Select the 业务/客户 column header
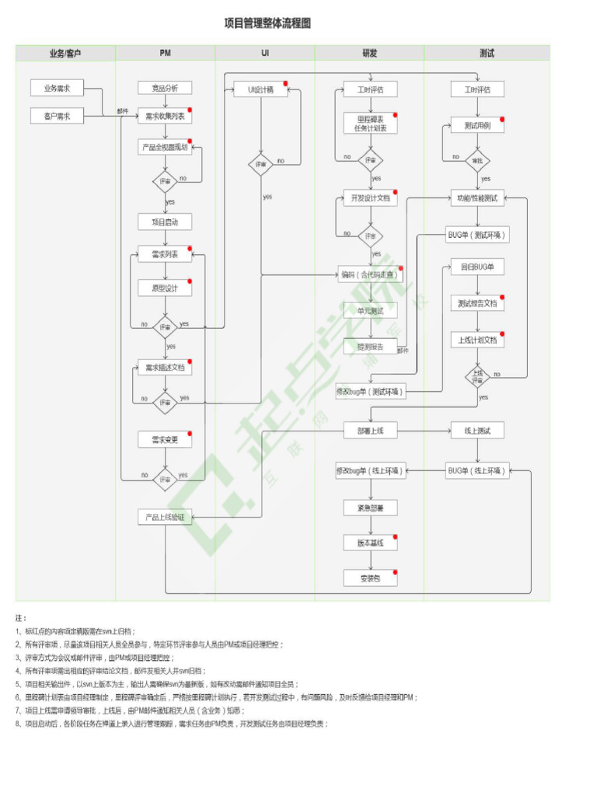65,54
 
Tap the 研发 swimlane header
369,54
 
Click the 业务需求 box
57,89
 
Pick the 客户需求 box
57,116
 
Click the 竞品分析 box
165,89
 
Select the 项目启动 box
165,222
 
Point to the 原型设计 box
165,288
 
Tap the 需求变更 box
165,439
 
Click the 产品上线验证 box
165,516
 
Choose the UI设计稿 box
260,89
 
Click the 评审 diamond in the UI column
260,165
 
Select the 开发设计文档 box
370,198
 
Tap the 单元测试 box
370,311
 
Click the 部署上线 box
370,430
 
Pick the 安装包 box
370,578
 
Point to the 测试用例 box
477,126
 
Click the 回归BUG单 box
477,267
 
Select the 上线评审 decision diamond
477,377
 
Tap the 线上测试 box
477,430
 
